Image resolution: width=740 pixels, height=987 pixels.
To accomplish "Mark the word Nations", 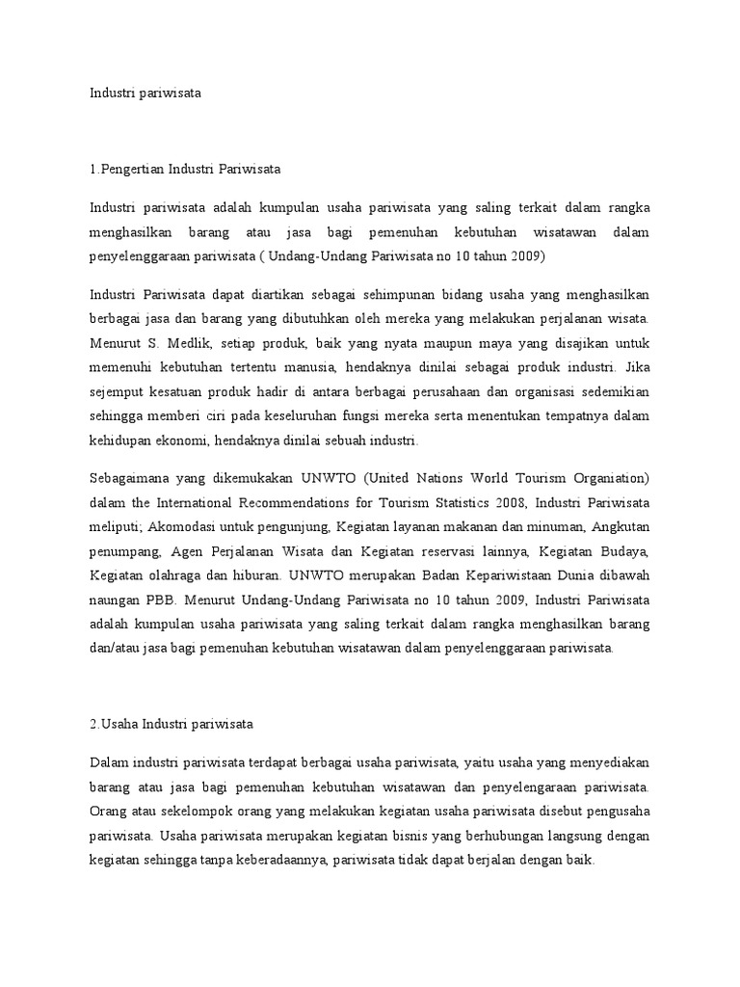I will coord(449,477).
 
